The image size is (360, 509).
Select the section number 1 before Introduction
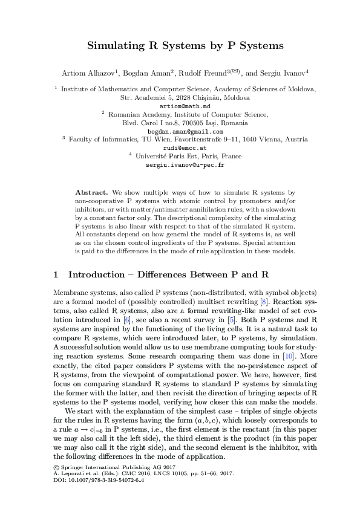[x=56, y=274]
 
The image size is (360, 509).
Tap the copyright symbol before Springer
[x=56, y=467]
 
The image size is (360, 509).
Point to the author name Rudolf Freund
[x=200, y=73]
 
